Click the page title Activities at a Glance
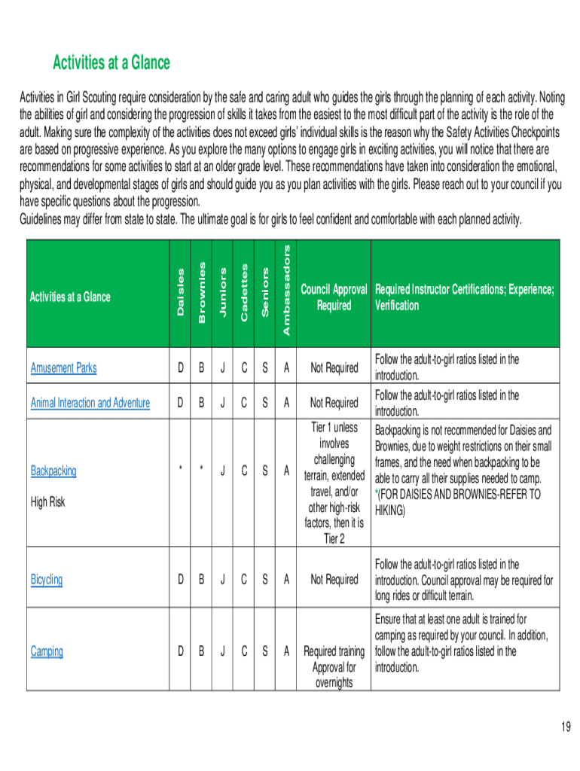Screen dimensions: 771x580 [111, 62]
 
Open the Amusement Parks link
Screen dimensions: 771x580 [63, 368]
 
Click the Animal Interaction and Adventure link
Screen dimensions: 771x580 [90, 403]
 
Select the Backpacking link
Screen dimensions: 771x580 [53, 471]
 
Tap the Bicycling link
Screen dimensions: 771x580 [47, 580]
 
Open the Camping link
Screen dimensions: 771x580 [47, 651]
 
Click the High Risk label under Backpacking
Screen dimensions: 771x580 [47, 501]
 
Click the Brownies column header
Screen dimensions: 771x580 [201, 292]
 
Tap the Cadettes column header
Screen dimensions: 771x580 [244, 292]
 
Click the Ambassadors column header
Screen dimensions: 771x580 [286, 289]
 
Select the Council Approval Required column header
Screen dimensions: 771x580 [334, 297]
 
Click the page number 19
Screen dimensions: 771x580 [566, 727]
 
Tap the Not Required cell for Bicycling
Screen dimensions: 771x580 [334, 580]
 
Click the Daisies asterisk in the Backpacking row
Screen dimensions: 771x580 [180, 471]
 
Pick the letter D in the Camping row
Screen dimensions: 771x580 [180, 651]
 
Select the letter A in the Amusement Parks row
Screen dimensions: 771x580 [286, 368]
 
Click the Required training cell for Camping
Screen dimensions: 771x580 [334, 651]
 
